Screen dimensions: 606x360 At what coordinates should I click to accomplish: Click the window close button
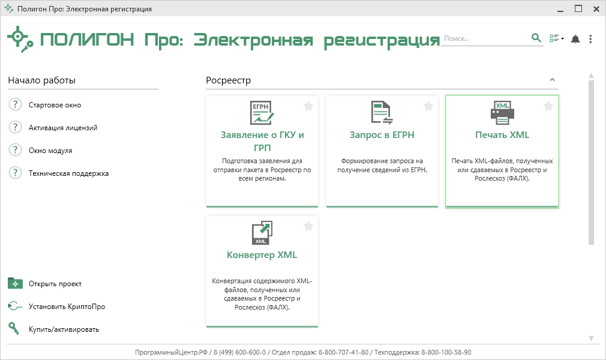click(596, 9)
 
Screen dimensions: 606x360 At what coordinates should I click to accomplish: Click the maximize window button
click(578, 8)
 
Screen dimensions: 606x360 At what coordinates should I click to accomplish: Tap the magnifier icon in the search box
click(536, 38)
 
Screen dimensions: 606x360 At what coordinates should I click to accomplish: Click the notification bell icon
click(575, 38)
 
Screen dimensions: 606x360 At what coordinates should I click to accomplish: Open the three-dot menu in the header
click(590, 38)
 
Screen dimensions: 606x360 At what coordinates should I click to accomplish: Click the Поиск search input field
click(485, 38)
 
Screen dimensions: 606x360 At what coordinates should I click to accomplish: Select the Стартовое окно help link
click(55, 105)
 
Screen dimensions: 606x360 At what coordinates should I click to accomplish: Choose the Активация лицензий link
click(63, 128)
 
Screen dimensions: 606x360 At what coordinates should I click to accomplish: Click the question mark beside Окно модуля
click(15, 150)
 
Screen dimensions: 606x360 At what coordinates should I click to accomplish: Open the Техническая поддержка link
click(69, 173)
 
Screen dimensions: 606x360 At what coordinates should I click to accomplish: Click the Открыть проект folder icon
click(16, 283)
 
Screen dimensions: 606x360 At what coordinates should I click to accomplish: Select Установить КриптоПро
click(67, 306)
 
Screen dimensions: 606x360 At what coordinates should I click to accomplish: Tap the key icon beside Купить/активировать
click(14, 328)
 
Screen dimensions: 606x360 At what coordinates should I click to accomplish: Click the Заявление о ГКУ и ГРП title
click(262, 141)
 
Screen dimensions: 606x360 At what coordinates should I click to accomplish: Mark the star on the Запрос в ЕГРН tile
click(428, 106)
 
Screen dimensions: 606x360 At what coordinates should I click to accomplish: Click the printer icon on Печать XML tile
click(502, 113)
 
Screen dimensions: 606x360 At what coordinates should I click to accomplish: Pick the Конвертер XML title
click(262, 255)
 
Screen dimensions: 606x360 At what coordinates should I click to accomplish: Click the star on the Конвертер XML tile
click(308, 226)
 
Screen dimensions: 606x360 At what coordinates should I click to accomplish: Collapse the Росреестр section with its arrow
click(552, 80)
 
